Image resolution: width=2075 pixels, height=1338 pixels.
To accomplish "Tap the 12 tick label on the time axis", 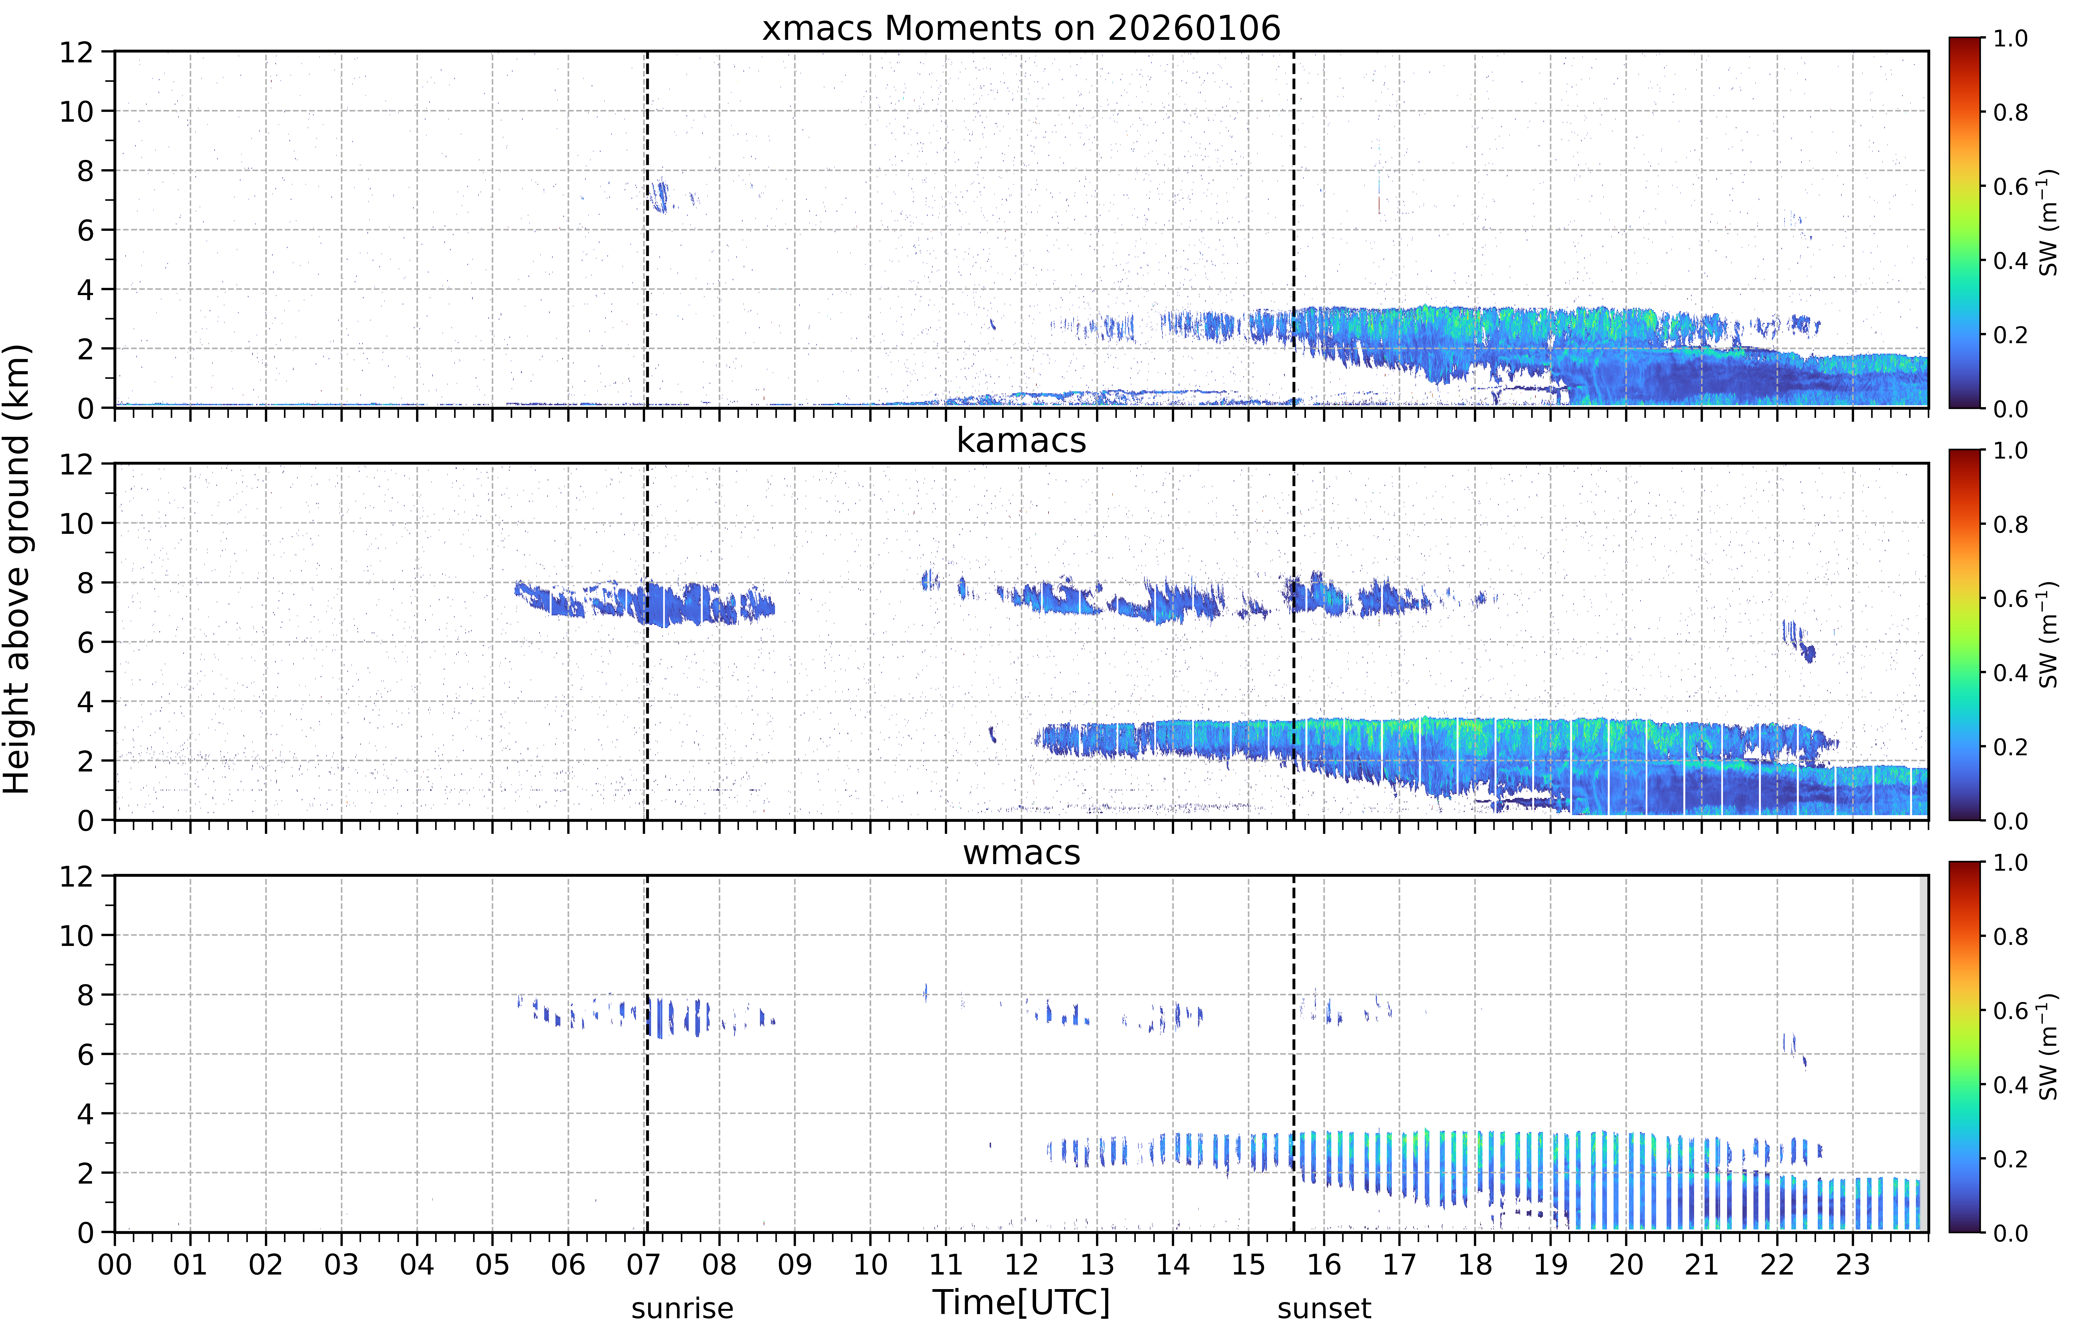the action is pos(1022,1264).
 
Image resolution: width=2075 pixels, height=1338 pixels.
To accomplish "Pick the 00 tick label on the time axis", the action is pos(115,1264).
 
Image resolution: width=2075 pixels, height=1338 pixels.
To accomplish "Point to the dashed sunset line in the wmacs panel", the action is pos(1294,1053).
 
